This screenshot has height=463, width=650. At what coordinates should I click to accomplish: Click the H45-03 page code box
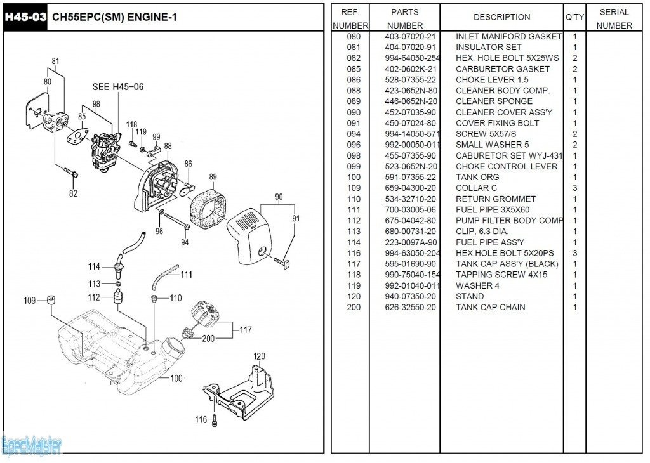(x=25, y=16)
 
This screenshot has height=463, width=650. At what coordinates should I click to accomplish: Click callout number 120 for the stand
(x=259, y=356)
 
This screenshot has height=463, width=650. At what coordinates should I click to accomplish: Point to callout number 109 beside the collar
(x=30, y=301)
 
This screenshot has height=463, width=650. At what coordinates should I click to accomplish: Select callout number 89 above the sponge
(x=213, y=177)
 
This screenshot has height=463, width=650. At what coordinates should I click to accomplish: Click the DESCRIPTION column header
(x=501, y=17)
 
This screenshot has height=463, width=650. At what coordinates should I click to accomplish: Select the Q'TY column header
(x=574, y=17)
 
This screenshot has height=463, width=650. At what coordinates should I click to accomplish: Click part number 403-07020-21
(x=410, y=37)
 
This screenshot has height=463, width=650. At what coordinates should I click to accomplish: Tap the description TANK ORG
(x=477, y=178)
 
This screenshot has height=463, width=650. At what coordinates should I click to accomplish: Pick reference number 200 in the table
(x=354, y=308)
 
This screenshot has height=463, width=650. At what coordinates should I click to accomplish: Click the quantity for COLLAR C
(x=574, y=188)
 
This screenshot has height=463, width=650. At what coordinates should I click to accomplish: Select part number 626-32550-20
(x=410, y=308)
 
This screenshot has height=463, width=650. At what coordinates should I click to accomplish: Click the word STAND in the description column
(x=470, y=297)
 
